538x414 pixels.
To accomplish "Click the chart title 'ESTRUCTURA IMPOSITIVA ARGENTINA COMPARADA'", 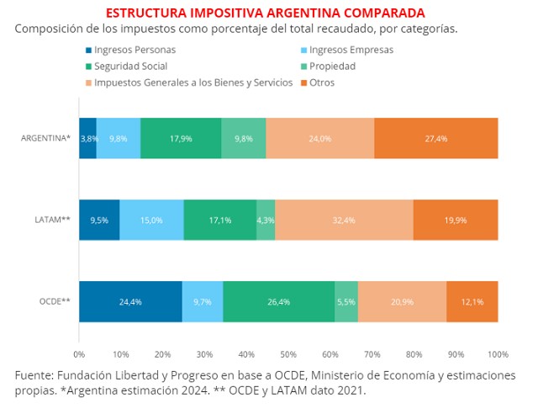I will coord(265,13).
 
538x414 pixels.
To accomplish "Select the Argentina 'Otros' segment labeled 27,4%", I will coord(435,138).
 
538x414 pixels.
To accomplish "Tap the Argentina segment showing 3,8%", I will coord(88,138).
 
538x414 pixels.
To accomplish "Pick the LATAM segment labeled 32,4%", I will coord(344,220).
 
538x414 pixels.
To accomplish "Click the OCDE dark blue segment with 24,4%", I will coord(130,302).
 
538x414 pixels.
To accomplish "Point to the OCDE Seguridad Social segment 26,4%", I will coord(278,302).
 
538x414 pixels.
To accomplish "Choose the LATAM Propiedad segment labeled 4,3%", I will coord(266,220).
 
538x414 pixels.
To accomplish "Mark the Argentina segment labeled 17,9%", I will coord(181,138).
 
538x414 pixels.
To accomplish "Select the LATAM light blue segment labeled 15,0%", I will coord(151,220).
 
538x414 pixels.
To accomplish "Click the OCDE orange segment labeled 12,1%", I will coord(472,302).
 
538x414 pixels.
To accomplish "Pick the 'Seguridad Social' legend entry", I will coord(130,66).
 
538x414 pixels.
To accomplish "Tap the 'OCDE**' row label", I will coord(53,302).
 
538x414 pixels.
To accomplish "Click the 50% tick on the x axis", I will coord(288,354).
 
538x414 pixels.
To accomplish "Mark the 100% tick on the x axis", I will coord(497,354).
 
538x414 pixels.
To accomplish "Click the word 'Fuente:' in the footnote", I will coord(38,375).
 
